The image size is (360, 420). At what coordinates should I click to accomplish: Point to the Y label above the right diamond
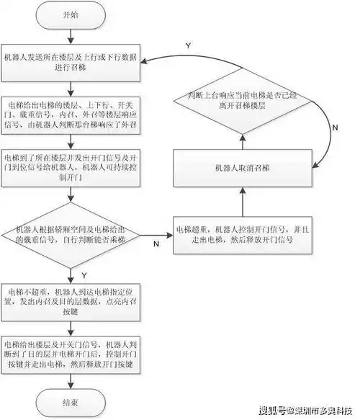(x=188, y=45)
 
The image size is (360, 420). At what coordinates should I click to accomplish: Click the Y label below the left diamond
(x=86, y=274)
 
